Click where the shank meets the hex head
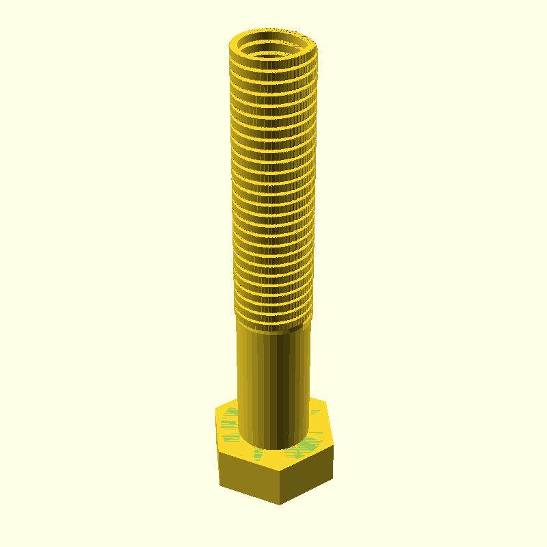tap(273, 447)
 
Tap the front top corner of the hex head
tap(280, 472)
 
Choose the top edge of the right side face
tap(308, 459)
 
